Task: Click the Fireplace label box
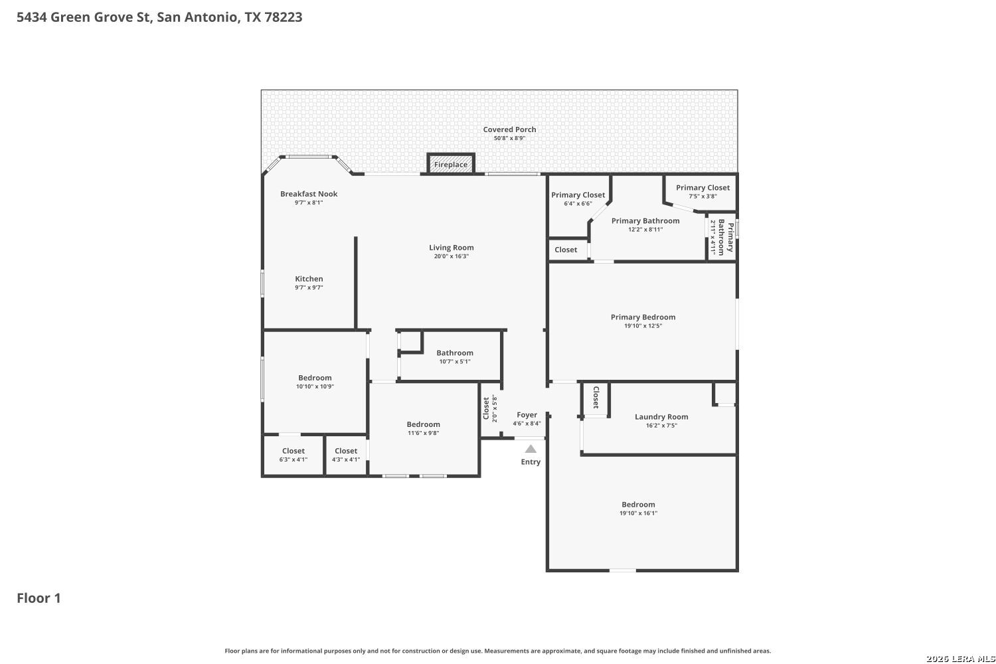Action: pyautogui.click(x=451, y=163)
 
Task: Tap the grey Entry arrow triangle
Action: pyautogui.click(x=531, y=449)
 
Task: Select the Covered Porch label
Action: pyautogui.click(x=509, y=129)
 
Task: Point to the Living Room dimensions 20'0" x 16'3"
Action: pyautogui.click(x=452, y=256)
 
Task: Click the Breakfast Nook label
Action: pyautogui.click(x=309, y=194)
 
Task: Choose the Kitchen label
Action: pyautogui.click(x=309, y=279)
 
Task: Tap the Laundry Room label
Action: pyautogui.click(x=661, y=417)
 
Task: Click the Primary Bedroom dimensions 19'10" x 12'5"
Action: pyautogui.click(x=643, y=325)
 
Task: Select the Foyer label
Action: pyautogui.click(x=527, y=415)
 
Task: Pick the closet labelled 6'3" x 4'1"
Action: pyautogui.click(x=293, y=455)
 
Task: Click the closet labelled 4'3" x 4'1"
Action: pyautogui.click(x=346, y=455)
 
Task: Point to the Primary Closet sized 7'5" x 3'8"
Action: pyautogui.click(x=703, y=191)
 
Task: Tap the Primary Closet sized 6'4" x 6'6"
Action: pyautogui.click(x=578, y=199)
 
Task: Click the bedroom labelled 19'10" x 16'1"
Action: pyautogui.click(x=638, y=509)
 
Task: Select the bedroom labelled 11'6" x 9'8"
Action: pyautogui.click(x=424, y=428)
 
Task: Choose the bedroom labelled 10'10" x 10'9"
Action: pyautogui.click(x=315, y=382)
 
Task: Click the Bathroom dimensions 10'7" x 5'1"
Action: pyautogui.click(x=454, y=362)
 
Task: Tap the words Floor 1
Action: pyautogui.click(x=39, y=598)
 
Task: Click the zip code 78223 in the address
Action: pyautogui.click(x=284, y=17)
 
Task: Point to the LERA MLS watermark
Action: pyautogui.click(x=961, y=659)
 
